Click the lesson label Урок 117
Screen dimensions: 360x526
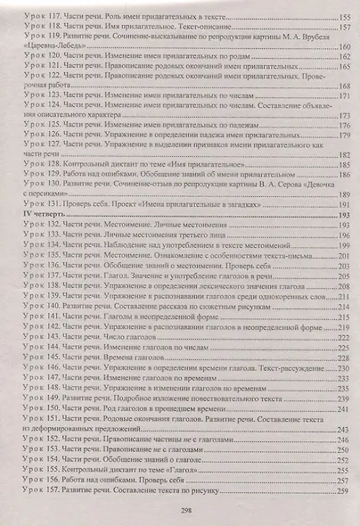(40, 17)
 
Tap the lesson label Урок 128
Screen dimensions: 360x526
(41, 165)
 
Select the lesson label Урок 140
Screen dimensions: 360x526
(41, 305)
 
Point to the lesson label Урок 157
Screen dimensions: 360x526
(41, 490)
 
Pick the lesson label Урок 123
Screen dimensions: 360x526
(41, 95)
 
